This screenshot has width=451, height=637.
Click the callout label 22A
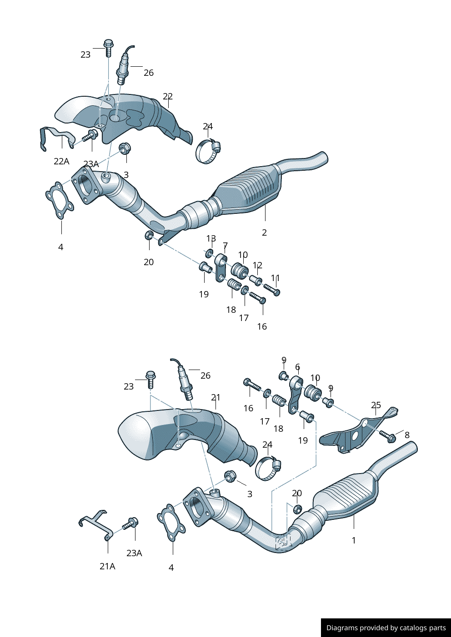click(x=61, y=161)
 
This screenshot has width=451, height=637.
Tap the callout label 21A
click(x=107, y=566)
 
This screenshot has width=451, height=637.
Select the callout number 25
click(x=376, y=405)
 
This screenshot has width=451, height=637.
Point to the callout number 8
click(x=407, y=435)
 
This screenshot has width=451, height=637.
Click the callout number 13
click(x=211, y=238)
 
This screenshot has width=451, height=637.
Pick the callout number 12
click(x=257, y=265)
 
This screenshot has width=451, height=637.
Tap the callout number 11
click(x=276, y=277)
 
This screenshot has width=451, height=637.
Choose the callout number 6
click(x=297, y=366)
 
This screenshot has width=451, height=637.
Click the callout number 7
click(x=225, y=246)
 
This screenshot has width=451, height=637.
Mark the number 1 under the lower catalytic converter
click(x=354, y=540)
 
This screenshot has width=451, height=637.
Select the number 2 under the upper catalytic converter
click(x=264, y=232)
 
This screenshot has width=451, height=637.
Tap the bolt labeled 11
click(x=271, y=290)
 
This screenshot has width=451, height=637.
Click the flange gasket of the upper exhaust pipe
click(x=60, y=201)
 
